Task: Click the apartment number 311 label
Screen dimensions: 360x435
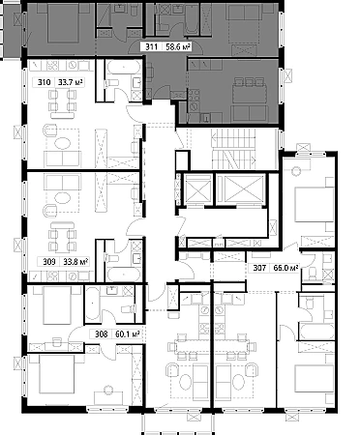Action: [x=151, y=47]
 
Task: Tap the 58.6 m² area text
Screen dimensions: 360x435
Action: [x=178, y=47]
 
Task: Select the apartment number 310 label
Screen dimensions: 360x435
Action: [x=44, y=82]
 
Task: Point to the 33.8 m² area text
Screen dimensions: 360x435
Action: [x=75, y=262]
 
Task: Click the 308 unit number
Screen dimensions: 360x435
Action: [x=102, y=334]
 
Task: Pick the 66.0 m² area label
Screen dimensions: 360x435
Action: [x=285, y=268]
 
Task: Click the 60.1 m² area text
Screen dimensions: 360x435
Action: [x=128, y=334]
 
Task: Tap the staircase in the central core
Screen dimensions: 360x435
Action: [x=233, y=149]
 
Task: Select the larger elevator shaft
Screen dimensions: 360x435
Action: [x=241, y=189]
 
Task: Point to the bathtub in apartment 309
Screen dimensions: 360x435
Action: [x=124, y=274]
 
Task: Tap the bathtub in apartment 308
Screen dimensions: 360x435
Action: [x=93, y=304]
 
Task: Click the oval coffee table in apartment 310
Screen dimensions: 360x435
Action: [x=63, y=143]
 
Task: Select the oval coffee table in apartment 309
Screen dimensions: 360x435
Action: [x=63, y=198]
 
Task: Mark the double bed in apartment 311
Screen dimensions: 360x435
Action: [x=64, y=24]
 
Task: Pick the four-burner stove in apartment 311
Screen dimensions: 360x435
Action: [x=195, y=96]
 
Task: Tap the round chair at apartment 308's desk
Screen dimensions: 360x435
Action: [x=108, y=390]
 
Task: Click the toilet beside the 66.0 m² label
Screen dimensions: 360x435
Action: [x=313, y=274]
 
